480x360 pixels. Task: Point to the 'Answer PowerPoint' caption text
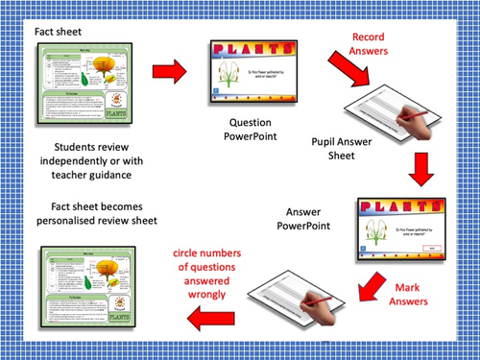[304, 218]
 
